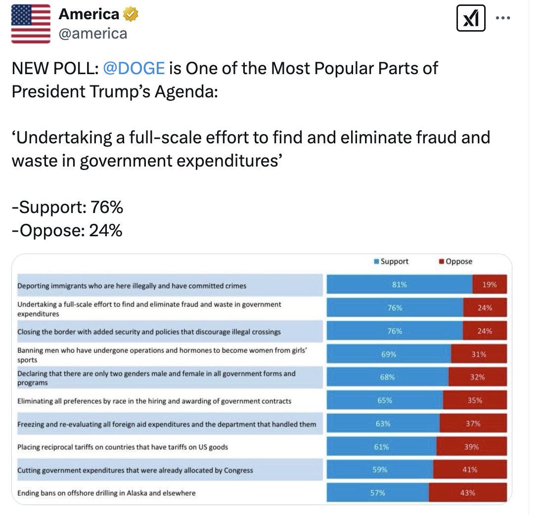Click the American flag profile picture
click(x=31, y=24)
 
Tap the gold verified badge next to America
click(x=131, y=15)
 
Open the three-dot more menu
click(x=503, y=18)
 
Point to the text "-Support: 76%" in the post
click(x=67, y=208)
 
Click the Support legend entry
click(x=391, y=261)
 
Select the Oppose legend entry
click(x=455, y=261)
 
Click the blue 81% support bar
click(x=399, y=285)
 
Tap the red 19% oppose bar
click(x=490, y=285)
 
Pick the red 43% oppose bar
click(x=467, y=493)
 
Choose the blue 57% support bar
click(x=378, y=493)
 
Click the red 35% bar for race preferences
click(x=475, y=400)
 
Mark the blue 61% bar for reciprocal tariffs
click(x=381, y=447)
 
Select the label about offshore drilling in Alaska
click(x=106, y=493)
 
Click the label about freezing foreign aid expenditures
click(x=167, y=424)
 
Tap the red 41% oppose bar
click(x=470, y=470)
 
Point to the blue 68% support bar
click(x=387, y=377)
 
